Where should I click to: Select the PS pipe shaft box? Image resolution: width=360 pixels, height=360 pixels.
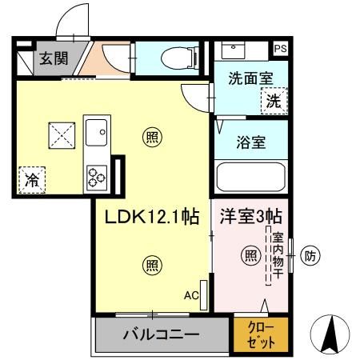tap(280, 49)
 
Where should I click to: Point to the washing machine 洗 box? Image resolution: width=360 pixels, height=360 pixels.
tap(274, 102)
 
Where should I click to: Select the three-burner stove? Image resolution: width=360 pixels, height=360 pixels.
tap(98, 174)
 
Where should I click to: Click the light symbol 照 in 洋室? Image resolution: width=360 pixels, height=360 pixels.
tap(250, 256)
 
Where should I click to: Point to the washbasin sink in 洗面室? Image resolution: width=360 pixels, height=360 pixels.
tap(235, 50)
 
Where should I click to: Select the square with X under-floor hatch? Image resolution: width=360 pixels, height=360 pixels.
tap(61, 134)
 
